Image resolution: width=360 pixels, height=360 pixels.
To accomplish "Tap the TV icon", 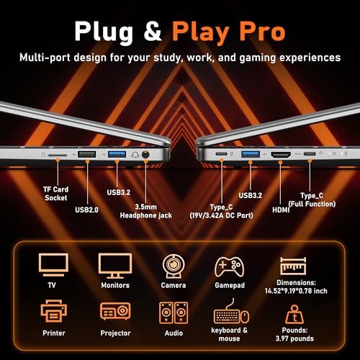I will (x=53, y=266).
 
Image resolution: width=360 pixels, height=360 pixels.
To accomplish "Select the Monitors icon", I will (x=114, y=266).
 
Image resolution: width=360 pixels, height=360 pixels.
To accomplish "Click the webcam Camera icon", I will (x=174, y=266).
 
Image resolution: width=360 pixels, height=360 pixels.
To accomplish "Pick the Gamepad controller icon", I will (x=229, y=266).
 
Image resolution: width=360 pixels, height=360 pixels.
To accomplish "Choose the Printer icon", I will (x=53, y=312).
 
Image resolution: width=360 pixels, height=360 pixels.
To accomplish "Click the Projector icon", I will (x=114, y=312).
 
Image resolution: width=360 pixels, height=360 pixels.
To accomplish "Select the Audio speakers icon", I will (x=174, y=312).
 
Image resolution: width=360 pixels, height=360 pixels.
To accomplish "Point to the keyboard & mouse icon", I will (x=231, y=315).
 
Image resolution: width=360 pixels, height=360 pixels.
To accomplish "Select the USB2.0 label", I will (x=89, y=210).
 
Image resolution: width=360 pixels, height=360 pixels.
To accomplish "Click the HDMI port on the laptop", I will (x=280, y=155).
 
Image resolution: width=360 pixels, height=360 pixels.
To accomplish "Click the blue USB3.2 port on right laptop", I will (x=250, y=154).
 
